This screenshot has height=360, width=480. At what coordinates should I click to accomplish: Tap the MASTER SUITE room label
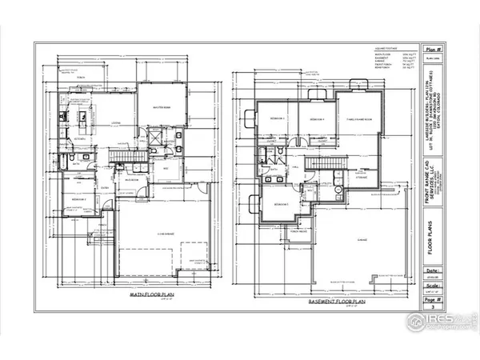click(160, 110)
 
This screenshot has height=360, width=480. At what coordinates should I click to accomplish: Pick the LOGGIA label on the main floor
click(115, 122)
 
